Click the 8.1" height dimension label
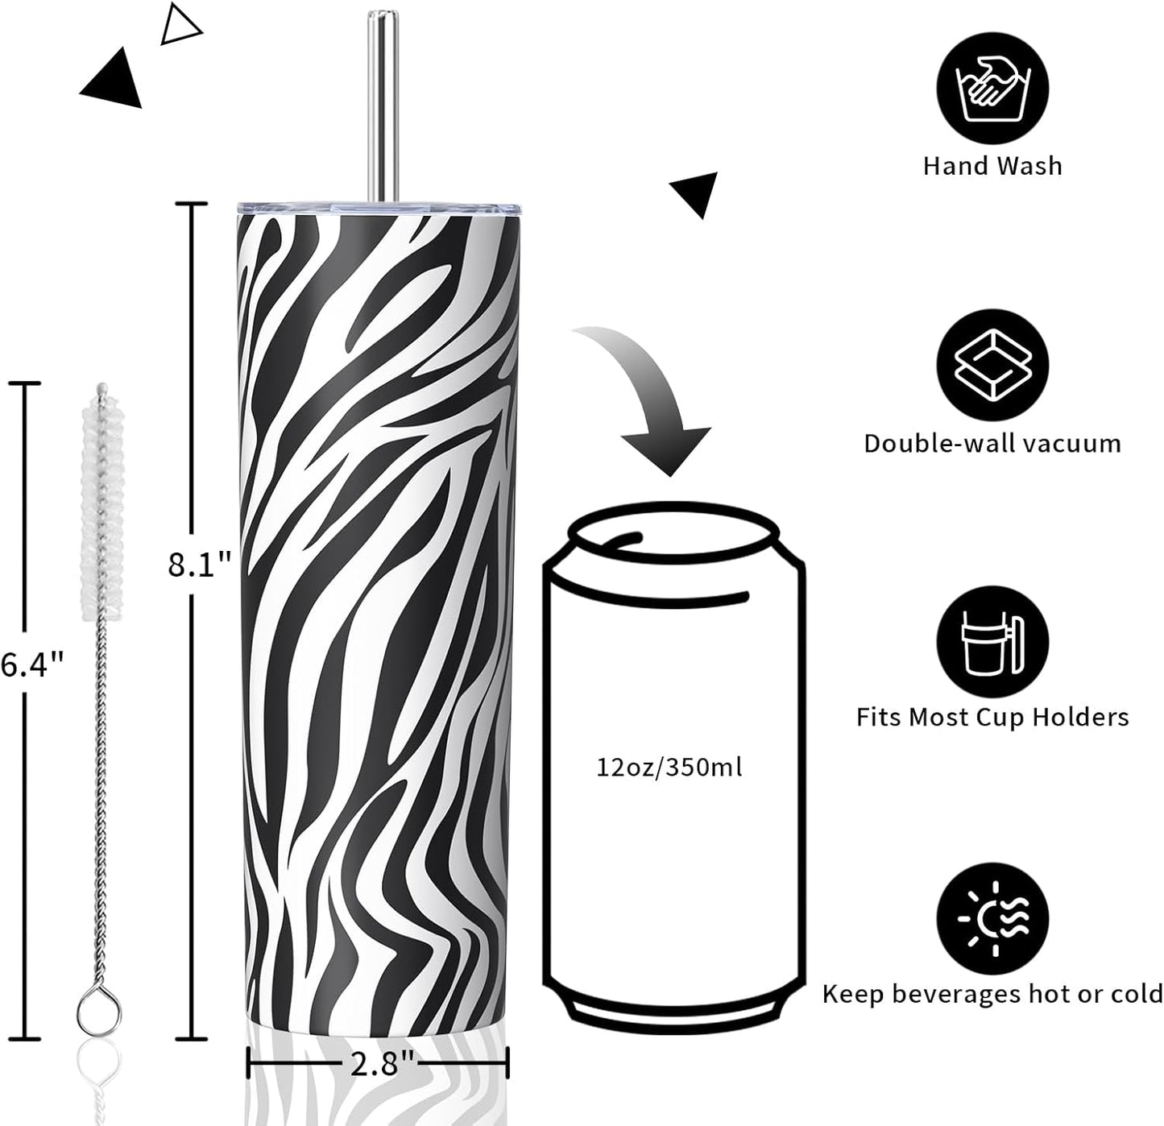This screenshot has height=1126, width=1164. point(199,565)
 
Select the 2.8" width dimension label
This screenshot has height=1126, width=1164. point(382,1062)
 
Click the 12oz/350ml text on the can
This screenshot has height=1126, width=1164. point(669,768)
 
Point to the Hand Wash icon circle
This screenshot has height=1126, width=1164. point(992,88)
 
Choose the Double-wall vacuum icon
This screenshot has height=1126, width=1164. point(992,365)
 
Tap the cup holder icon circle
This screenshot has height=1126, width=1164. point(992,641)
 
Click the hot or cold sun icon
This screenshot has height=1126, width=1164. point(992,918)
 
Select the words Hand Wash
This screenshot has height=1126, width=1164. point(992,166)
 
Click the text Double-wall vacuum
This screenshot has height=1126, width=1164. point(992,443)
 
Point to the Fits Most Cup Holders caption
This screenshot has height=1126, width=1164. point(992,717)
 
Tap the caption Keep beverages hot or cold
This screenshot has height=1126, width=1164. point(992,994)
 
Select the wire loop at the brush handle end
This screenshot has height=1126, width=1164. point(99,1011)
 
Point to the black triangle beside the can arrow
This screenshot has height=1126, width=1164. point(697,192)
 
